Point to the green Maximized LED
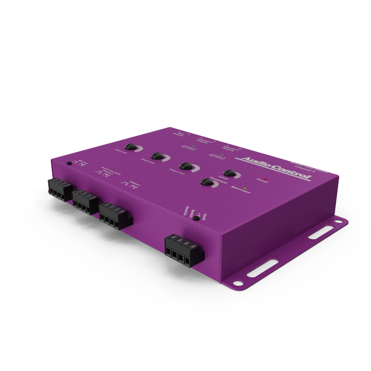click(245, 187)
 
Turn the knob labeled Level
click(229, 174)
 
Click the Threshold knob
click(206, 182)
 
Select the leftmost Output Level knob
click(130, 147)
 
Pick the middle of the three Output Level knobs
click(156, 156)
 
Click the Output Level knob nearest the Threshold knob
click(185, 166)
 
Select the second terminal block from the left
click(85, 201)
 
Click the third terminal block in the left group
click(114, 215)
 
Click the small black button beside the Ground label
click(195, 218)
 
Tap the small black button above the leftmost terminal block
click(69, 164)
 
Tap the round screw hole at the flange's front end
click(237, 284)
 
